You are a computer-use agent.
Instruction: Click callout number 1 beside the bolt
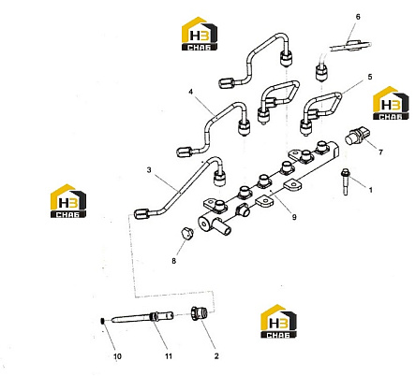pyautogui.click(x=371, y=190)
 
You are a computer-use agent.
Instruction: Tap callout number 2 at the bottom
pyautogui.click(x=216, y=356)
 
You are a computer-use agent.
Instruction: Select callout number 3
pyautogui.click(x=149, y=170)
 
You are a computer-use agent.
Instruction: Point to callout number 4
pyautogui.click(x=190, y=92)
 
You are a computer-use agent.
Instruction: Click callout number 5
pyautogui.click(x=370, y=77)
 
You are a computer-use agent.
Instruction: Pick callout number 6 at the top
pyautogui.click(x=358, y=17)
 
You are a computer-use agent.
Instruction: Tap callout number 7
pyautogui.click(x=380, y=152)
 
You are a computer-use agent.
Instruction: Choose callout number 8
pyautogui.click(x=174, y=261)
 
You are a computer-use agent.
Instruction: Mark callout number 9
pyautogui.click(x=294, y=217)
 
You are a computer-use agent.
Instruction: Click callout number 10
pyautogui.click(x=117, y=356)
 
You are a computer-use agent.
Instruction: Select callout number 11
pyautogui.click(x=169, y=356)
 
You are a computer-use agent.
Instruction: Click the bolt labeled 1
pyautogui.click(x=345, y=181)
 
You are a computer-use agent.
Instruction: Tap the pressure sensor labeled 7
pyautogui.click(x=355, y=137)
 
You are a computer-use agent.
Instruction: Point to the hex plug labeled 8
pyautogui.click(x=186, y=234)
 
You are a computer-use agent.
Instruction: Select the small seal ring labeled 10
pyautogui.click(x=102, y=321)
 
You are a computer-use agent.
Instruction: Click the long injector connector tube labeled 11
pyautogui.click(x=141, y=318)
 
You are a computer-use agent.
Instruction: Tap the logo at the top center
pyautogui.click(x=200, y=34)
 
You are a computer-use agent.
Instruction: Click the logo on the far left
pyautogui.click(x=68, y=201)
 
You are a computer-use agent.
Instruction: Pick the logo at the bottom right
pyautogui.click(x=278, y=322)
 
